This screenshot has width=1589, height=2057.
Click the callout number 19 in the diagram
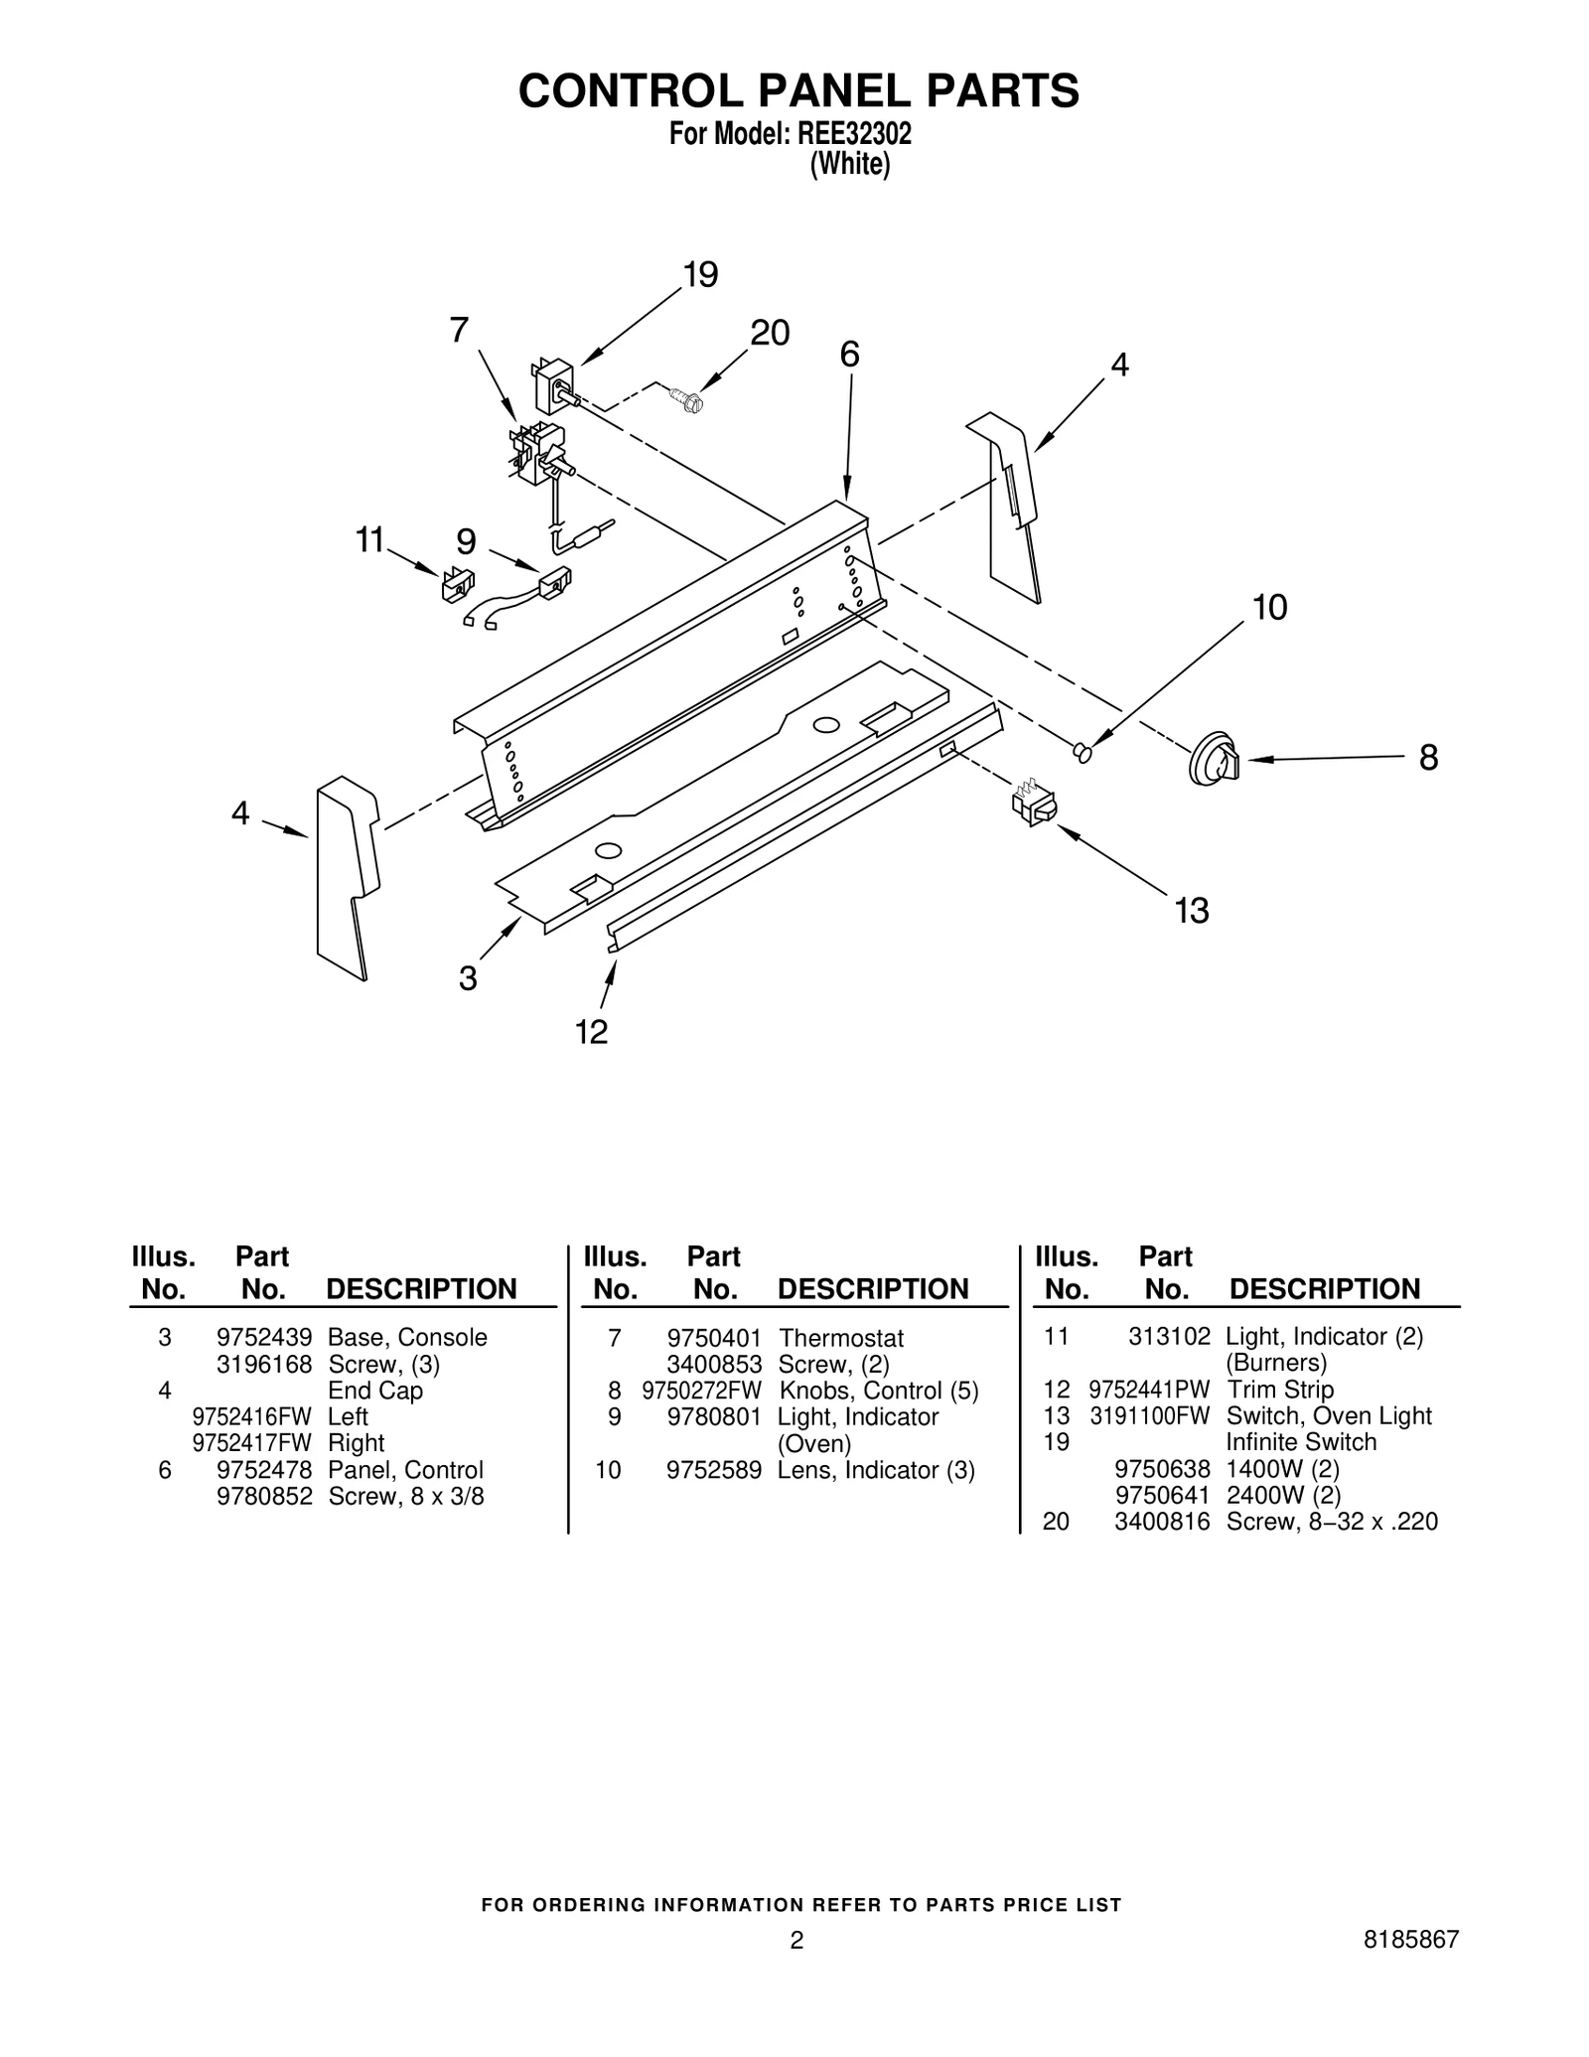point(701,275)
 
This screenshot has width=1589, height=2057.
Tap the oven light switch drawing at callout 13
point(1034,804)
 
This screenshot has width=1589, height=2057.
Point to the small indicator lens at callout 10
point(1083,754)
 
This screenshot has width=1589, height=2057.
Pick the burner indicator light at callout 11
point(457,584)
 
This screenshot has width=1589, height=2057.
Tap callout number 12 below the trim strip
point(591,1033)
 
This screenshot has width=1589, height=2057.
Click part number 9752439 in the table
point(264,1337)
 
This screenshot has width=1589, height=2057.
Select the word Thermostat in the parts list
point(840,1338)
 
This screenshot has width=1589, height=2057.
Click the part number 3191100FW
point(1149,1415)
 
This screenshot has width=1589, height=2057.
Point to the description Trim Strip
point(1279,1390)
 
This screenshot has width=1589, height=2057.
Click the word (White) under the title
point(849,165)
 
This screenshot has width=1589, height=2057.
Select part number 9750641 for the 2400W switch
point(1162,1495)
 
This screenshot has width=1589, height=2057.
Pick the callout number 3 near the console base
point(468,978)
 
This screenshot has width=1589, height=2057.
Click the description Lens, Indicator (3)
point(875,1470)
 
